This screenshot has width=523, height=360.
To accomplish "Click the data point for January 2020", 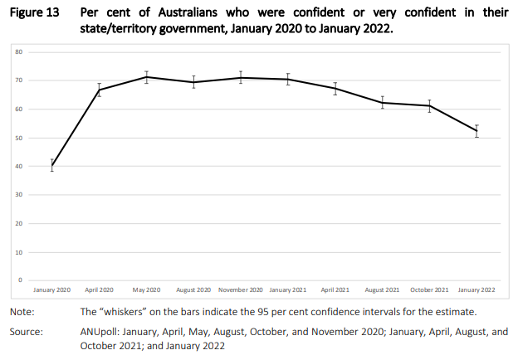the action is [52, 166].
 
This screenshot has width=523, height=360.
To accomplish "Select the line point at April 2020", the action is [99, 90].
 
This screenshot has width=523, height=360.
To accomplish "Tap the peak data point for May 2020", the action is [146, 77].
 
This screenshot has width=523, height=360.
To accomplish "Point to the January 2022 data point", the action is [477, 131].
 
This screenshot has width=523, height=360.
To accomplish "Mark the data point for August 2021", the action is [382, 103].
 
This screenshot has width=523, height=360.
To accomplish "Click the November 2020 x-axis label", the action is [241, 290].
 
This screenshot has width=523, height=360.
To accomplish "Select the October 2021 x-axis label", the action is [429, 290].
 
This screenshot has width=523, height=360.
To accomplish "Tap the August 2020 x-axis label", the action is [193, 290].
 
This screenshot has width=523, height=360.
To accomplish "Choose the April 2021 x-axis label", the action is [335, 290].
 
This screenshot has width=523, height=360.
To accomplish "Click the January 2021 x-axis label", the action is [288, 290].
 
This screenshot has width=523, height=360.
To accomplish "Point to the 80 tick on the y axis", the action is [18, 52].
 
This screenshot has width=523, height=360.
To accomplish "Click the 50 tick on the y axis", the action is [18, 138].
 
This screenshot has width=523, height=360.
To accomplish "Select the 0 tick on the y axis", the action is [21, 280].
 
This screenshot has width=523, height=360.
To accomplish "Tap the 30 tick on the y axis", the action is [18, 195].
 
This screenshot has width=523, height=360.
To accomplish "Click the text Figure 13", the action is [34, 12].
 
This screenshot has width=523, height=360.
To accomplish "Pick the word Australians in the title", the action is [188, 12].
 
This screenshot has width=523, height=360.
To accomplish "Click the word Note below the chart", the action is [22, 312].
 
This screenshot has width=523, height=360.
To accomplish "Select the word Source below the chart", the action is [27, 332].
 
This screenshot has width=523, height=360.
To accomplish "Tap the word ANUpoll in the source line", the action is [100, 332].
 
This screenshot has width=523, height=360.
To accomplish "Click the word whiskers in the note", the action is [123, 312].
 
